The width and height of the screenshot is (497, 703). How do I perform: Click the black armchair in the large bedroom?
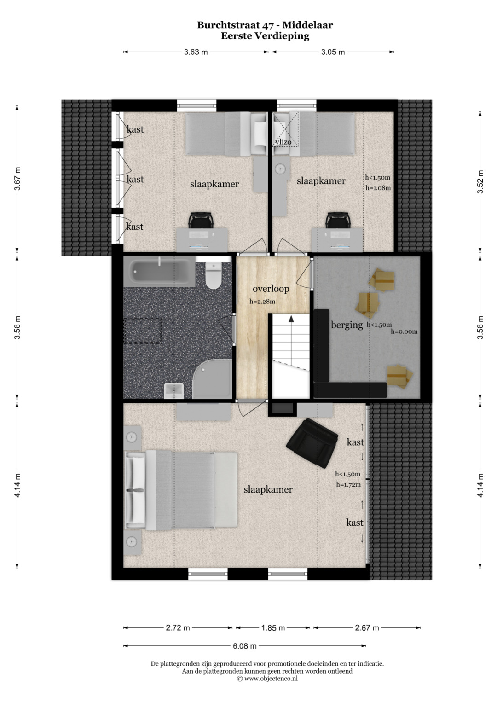coord(312,443)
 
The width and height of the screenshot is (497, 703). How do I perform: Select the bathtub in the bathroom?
coord(159,271)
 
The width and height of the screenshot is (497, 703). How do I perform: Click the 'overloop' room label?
coord(271,289)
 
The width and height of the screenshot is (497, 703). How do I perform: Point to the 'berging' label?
coord(347,325)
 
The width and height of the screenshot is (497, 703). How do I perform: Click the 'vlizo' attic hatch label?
coord(283,142)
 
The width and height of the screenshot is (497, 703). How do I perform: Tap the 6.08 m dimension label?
coord(245,646)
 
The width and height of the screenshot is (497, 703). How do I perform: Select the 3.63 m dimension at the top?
coord(196,52)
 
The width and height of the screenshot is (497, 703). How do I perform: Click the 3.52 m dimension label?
coord(480,182)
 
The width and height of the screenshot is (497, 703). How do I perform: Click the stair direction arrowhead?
coord(291,319)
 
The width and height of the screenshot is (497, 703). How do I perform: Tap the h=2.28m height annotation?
coord(262,302)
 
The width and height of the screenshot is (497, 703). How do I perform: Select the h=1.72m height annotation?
coord(348,485)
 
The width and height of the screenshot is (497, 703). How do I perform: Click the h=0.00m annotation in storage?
coord(404,331)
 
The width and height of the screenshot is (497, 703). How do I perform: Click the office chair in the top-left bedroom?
coord(202,221)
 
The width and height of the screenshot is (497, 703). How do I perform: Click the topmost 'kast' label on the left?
coord(135,129)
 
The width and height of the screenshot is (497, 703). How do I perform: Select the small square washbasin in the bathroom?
coord(174,391)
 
